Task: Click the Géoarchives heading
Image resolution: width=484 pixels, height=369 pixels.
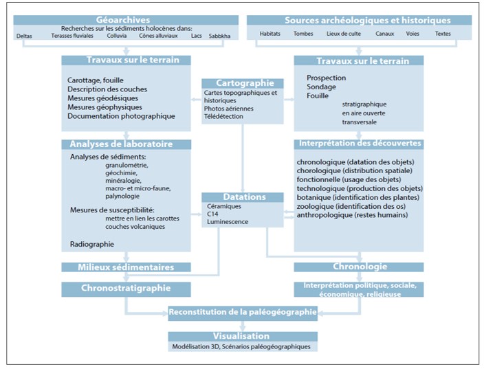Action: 123,20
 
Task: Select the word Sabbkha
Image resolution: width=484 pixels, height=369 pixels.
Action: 219,36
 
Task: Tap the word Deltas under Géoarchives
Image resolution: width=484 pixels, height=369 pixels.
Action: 24,36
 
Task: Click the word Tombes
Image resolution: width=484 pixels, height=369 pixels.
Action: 303,34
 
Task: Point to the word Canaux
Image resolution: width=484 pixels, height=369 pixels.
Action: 384,34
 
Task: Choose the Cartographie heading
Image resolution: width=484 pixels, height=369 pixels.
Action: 245,83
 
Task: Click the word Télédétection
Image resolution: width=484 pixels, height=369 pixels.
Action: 223,116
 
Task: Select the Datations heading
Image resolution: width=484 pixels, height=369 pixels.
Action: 244,197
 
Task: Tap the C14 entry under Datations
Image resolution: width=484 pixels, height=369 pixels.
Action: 212,214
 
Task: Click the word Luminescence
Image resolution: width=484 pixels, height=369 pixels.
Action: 228,221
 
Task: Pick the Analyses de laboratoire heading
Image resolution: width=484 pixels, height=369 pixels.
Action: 121,144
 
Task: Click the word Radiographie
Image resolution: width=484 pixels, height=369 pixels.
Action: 92,244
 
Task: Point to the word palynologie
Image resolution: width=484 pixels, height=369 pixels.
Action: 122,197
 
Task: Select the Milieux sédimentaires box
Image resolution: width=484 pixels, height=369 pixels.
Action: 126,267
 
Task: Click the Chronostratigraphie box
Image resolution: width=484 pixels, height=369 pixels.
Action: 126,289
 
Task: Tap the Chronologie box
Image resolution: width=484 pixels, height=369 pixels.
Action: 359,267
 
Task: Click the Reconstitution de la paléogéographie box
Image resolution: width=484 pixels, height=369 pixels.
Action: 243,313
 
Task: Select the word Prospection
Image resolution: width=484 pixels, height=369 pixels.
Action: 327,78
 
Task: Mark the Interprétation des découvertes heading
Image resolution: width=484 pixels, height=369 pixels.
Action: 360,143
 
